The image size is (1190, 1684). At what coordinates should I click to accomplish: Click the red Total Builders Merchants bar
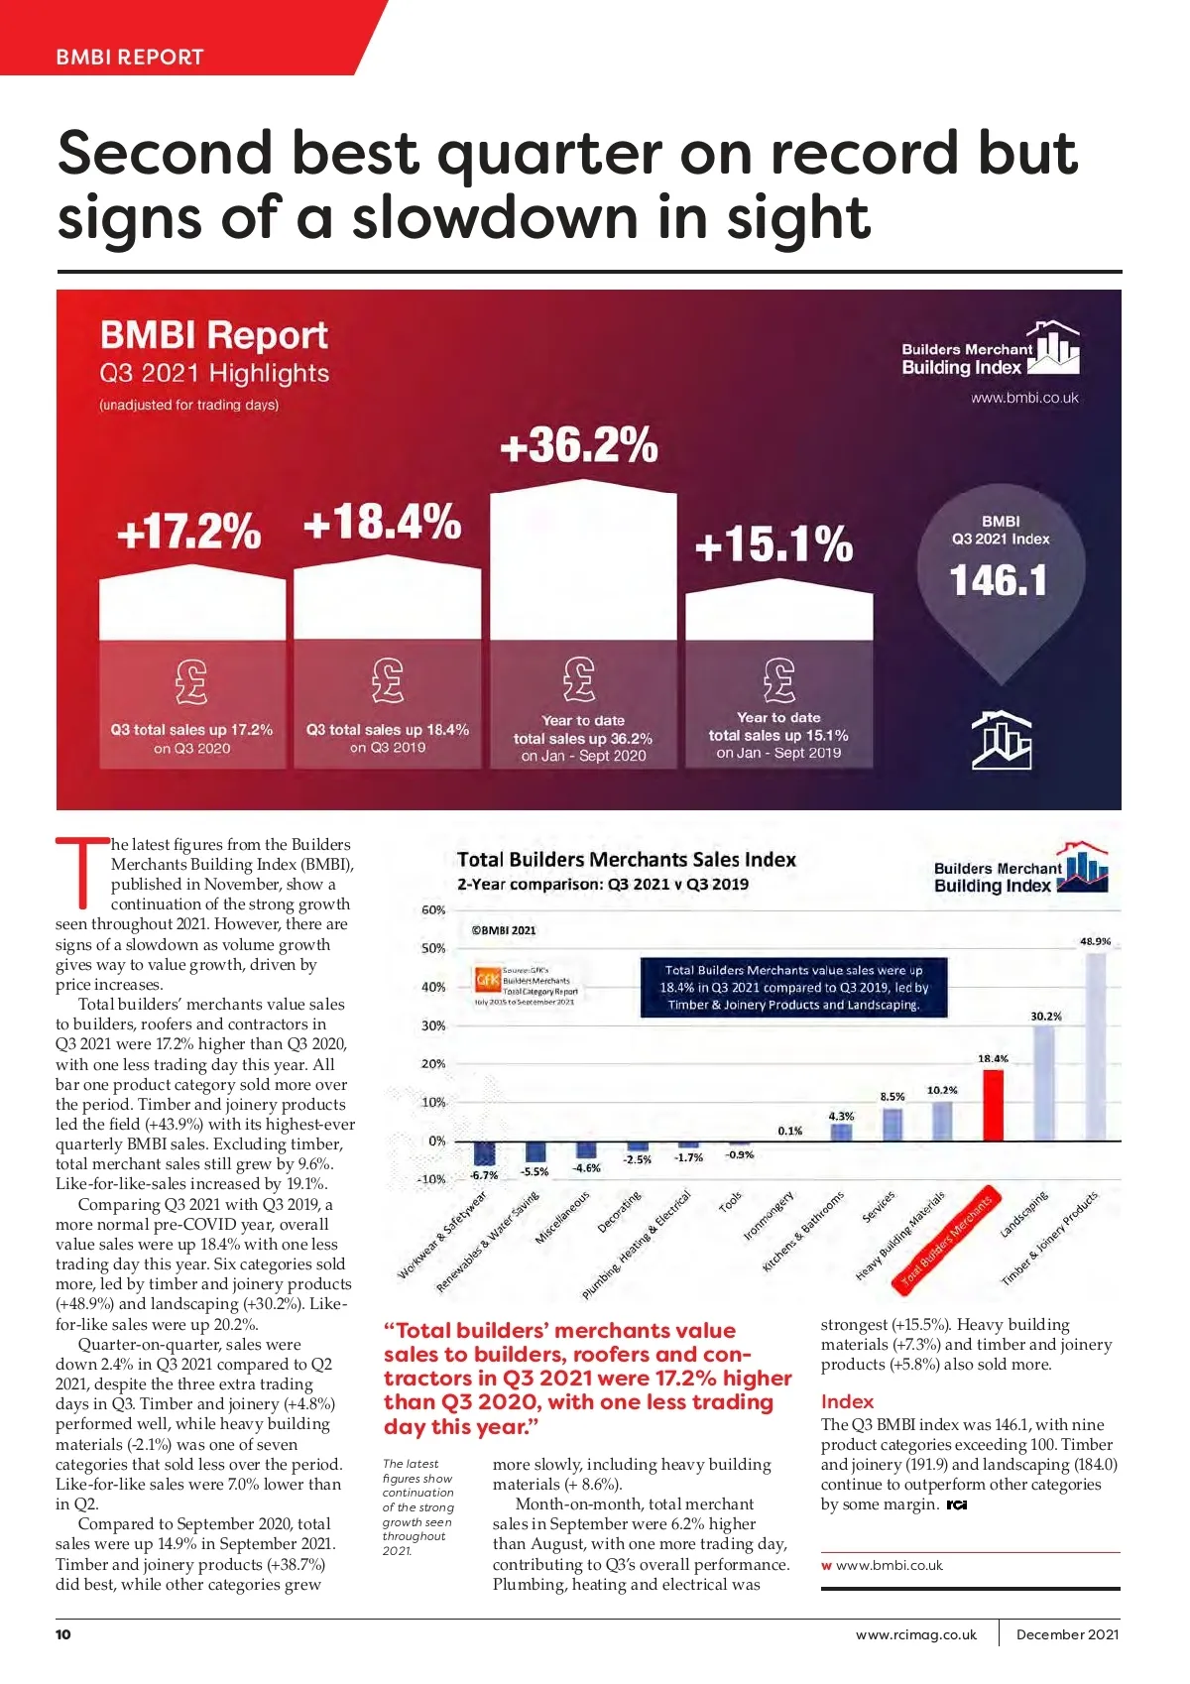click(993, 1105)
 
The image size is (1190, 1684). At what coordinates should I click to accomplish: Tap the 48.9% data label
click(1095, 941)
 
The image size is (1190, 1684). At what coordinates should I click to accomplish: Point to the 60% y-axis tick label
click(433, 909)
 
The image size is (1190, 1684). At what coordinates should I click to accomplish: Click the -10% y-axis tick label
click(431, 1179)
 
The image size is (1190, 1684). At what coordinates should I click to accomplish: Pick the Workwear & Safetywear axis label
click(442, 1236)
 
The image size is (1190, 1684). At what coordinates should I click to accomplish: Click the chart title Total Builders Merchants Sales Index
click(626, 860)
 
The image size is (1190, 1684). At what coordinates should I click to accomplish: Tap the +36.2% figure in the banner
click(579, 444)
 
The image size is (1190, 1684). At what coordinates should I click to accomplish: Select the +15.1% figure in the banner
click(773, 544)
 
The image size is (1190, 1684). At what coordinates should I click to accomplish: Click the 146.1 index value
click(999, 580)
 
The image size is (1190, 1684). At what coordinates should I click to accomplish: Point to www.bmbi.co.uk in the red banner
click(1024, 398)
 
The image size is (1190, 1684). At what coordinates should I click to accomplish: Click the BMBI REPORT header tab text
click(130, 58)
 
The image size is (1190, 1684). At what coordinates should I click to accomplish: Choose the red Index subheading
click(847, 1401)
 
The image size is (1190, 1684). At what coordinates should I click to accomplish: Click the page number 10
click(63, 1634)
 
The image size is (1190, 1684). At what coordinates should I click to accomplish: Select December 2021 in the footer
click(1067, 1634)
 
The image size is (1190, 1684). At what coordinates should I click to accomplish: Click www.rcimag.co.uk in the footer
click(915, 1634)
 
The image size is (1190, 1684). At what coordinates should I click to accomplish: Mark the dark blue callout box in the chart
click(793, 987)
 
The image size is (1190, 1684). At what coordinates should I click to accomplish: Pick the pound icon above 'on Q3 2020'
click(191, 681)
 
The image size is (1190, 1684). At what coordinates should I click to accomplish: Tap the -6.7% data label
click(484, 1175)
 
